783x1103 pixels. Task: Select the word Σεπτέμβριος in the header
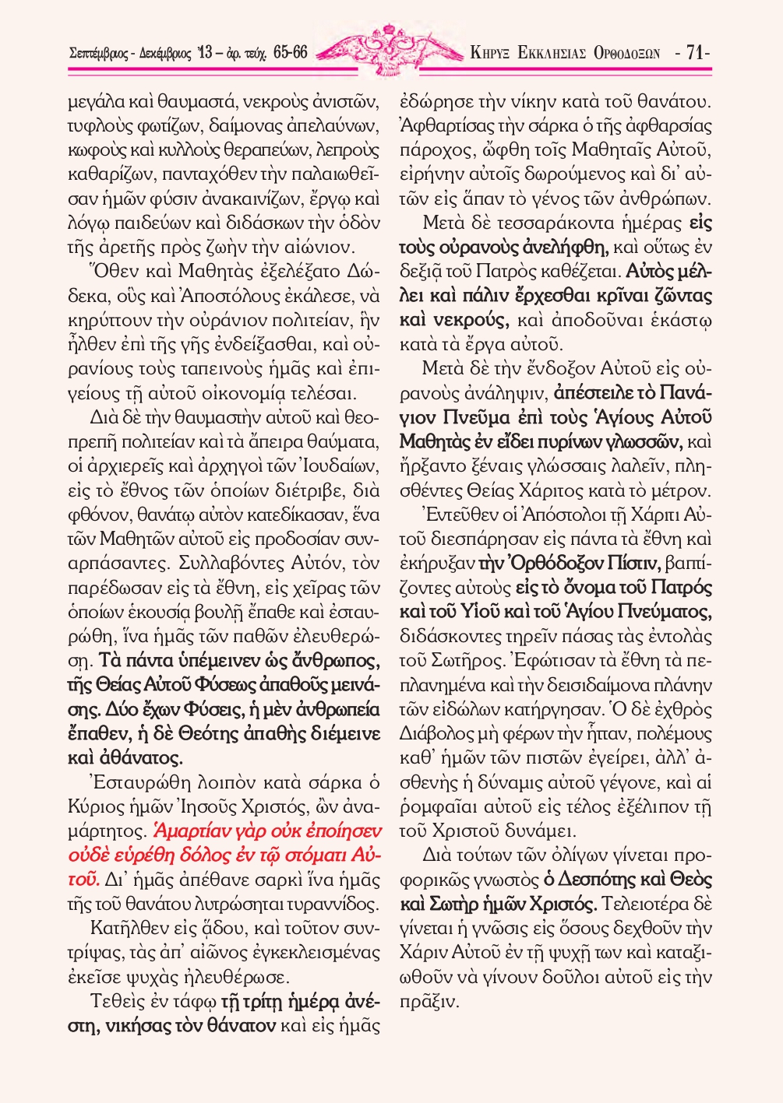point(101,54)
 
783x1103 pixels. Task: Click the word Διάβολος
point(434,734)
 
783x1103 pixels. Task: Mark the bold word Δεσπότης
point(601,880)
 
